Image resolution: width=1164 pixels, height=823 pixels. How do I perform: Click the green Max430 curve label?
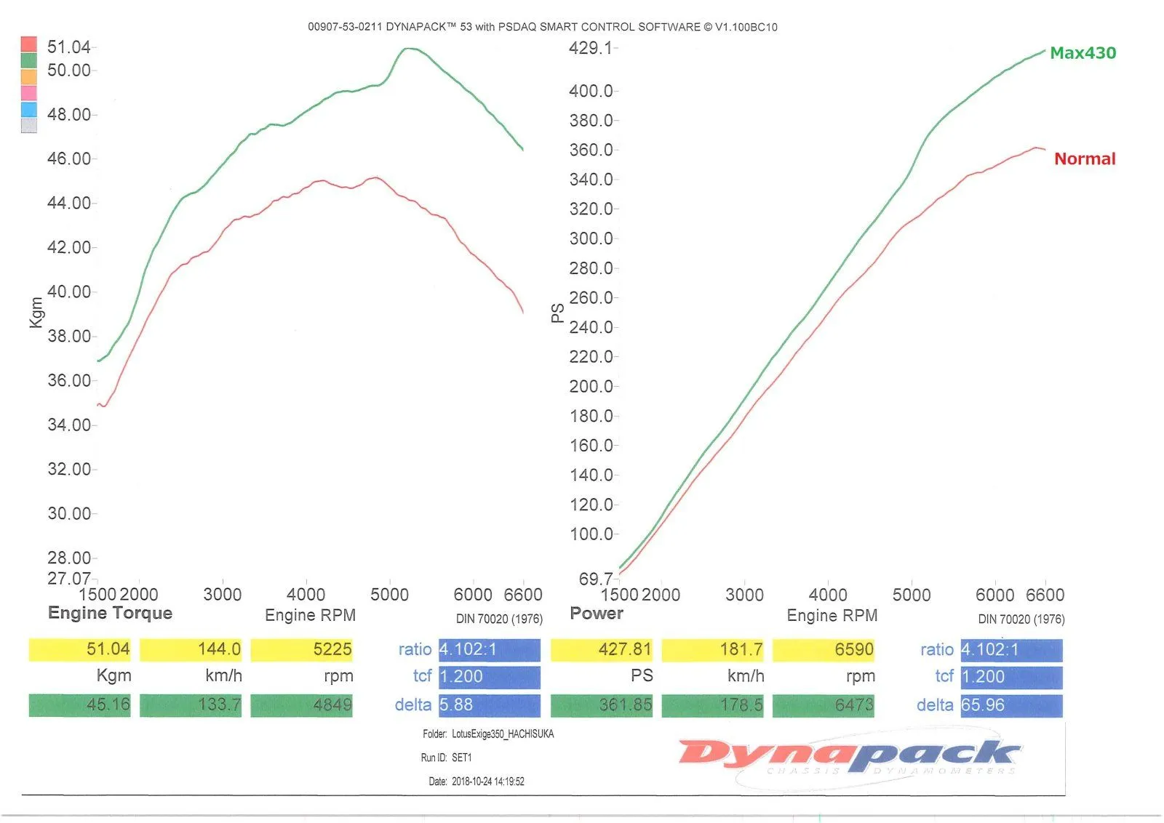[x=1083, y=53]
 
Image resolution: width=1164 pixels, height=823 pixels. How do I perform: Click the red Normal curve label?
[x=1084, y=159]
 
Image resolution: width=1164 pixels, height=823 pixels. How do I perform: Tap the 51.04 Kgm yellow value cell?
[x=80, y=649]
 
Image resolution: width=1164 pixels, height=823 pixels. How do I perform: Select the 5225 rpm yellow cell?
[x=302, y=649]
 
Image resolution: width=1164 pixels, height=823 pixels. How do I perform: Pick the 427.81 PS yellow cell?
[x=602, y=649]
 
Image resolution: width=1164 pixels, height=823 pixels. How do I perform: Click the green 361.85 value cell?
[x=602, y=705]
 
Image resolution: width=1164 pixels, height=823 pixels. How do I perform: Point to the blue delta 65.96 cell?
[x=1011, y=705]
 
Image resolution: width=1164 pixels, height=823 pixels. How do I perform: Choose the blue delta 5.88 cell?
[x=489, y=705]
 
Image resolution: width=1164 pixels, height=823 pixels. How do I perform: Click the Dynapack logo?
[x=848, y=756]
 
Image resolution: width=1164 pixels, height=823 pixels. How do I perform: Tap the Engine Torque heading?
[x=110, y=613]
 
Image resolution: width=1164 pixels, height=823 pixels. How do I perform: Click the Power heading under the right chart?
[x=597, y=613]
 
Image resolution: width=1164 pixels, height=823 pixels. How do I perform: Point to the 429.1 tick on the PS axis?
[x=590, y=48]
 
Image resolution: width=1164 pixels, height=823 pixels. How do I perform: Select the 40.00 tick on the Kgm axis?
[x=69, y=292]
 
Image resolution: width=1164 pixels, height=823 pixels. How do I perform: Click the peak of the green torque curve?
[x=408, y=49]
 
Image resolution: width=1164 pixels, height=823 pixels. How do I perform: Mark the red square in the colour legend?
[x=29, y=44]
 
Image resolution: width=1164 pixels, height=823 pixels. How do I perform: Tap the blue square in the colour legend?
[x=29, y=110]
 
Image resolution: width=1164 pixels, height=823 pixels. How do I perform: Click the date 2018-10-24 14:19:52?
[x=487, y=782]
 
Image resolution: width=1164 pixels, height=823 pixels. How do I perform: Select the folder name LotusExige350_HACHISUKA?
[x=503, y=734]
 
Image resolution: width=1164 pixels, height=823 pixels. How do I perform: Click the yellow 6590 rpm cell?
[x=824, y=649]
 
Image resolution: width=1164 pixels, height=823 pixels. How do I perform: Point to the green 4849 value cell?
[x=302, y=705]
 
